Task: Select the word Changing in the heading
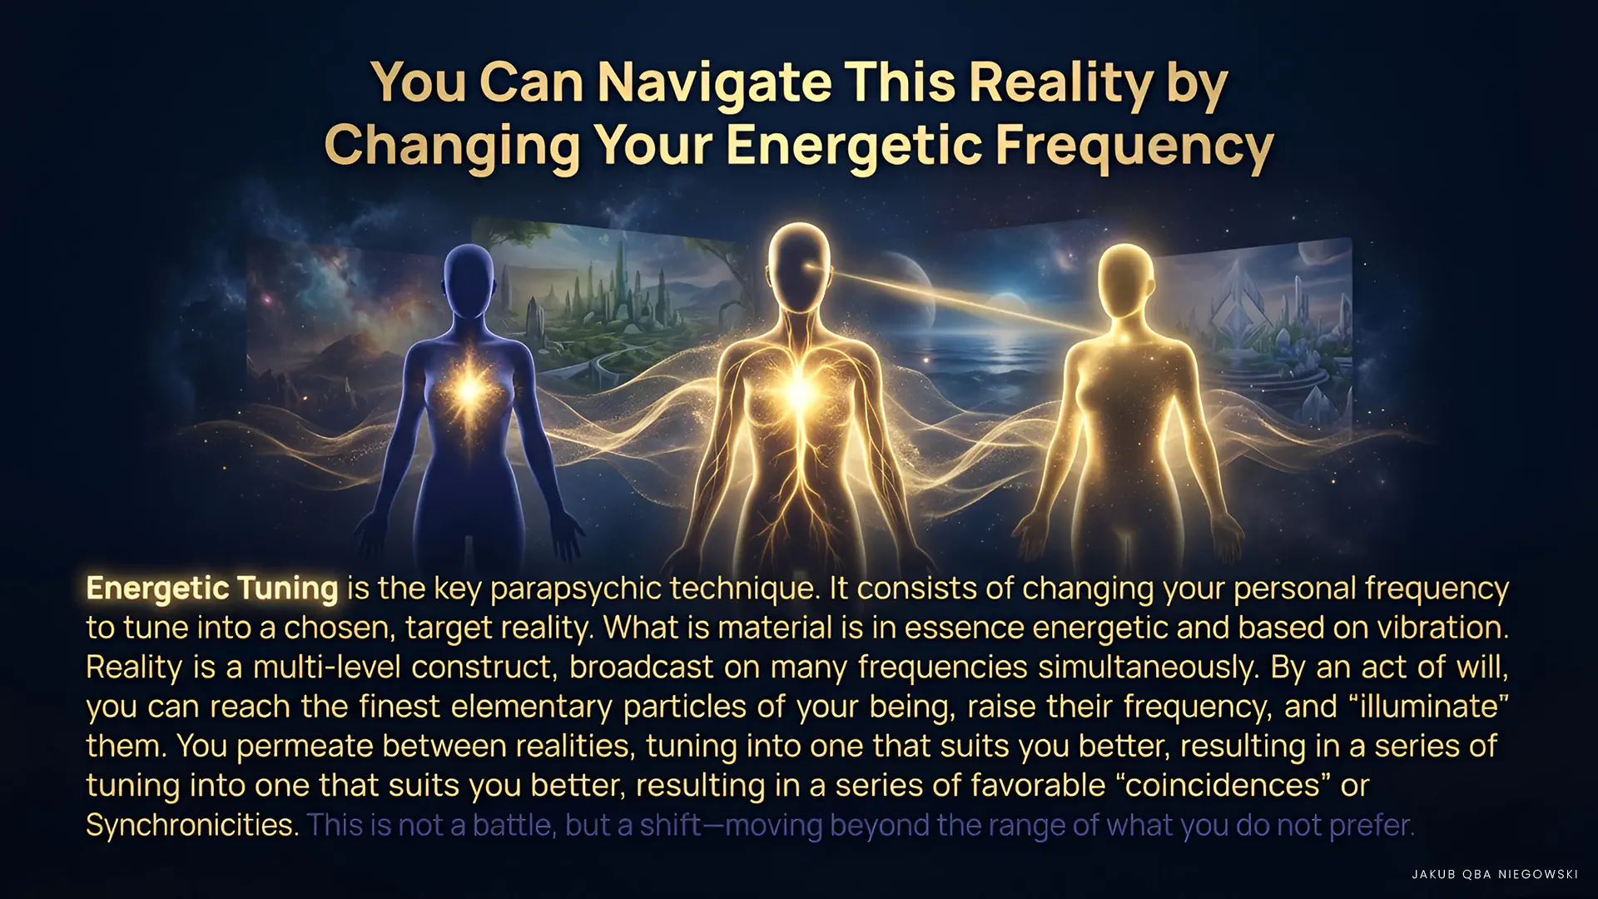click(x=452, y=147)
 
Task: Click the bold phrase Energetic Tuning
click(x=212, y=589)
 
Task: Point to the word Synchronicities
click(x=192, y=825)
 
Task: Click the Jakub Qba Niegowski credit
click(x=1495, y=874)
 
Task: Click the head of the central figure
click(x=799, y=265)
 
